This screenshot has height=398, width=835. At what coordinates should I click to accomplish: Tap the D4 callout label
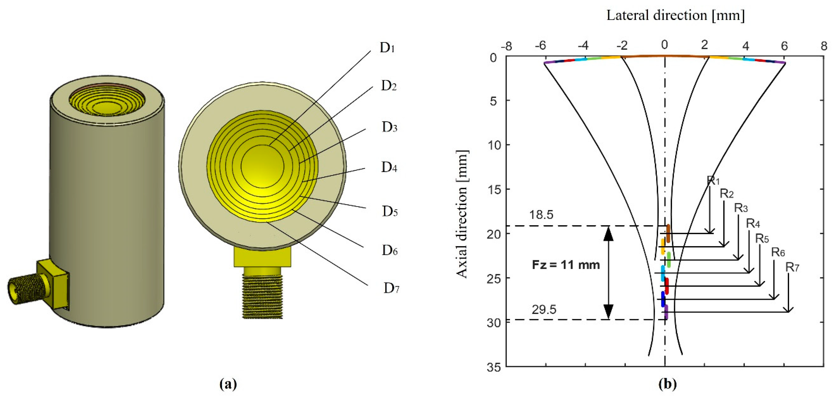389,167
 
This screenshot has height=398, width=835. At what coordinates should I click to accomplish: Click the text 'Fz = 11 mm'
566,265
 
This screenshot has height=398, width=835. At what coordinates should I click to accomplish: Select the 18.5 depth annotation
541,215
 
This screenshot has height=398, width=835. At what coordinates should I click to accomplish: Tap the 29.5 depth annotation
544,310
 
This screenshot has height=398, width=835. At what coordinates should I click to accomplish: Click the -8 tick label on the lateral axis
506,46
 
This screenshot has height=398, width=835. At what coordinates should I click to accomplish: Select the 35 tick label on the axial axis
494,367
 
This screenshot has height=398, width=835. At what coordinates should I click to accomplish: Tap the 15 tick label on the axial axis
494,189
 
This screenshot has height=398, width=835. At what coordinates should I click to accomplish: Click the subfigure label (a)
228,384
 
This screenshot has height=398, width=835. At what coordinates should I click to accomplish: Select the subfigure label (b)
668,384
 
